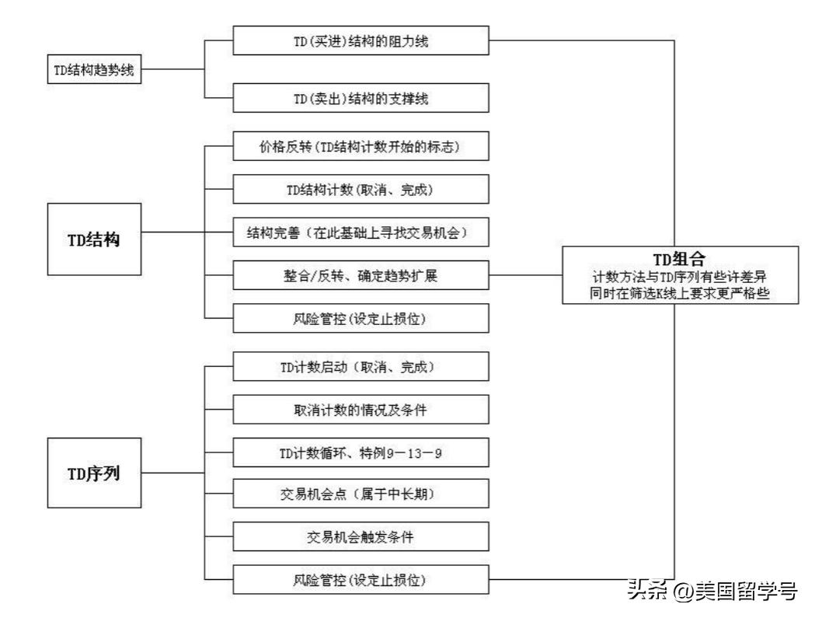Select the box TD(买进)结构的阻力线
(361, 41)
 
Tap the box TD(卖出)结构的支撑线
(361, 98)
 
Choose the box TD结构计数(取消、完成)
(361, 188)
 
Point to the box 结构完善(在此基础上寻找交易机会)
(361, 232)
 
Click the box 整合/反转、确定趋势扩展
(361, 275)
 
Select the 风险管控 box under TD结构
(361, 318)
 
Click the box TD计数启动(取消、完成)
(361, 366)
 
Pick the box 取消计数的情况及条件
(361, 409)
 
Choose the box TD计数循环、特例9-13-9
(361, 452)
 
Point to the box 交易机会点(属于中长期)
(361, 494)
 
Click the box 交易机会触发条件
(361, 537)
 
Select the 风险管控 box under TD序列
(361, 580)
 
